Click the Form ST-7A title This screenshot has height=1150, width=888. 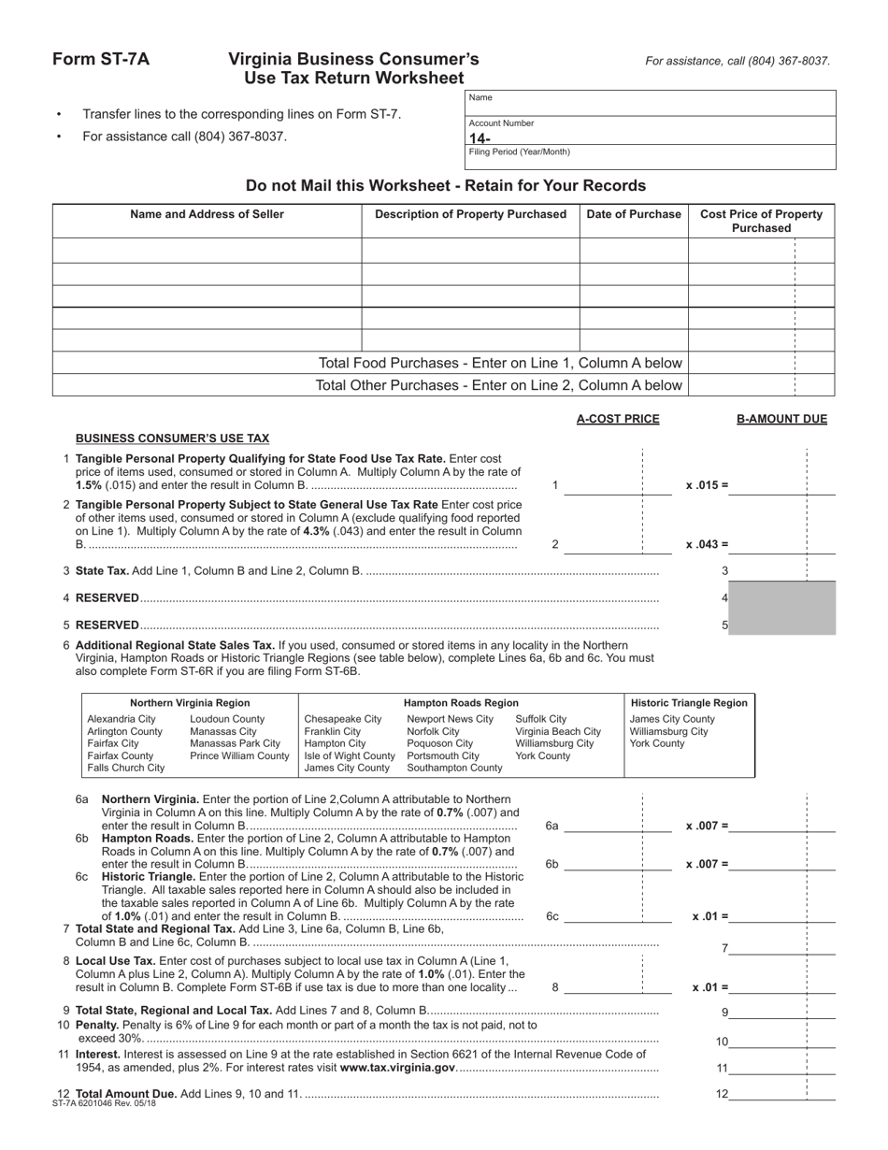point(100,60)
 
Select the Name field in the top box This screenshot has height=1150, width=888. point(650,103)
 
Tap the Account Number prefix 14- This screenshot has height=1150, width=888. point(480,138)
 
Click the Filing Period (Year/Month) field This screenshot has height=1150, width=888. point(650,158)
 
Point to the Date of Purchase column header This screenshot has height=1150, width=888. point(634,214)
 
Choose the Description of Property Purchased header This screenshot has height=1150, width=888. point(470,214)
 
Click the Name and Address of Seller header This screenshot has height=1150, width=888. point(207,214)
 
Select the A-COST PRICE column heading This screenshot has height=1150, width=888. point(618,419)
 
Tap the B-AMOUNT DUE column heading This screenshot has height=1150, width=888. point(781,419)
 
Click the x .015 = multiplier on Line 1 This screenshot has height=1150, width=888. point(707,485)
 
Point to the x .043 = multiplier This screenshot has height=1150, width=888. point(707,544)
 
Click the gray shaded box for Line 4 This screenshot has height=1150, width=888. point(781,597)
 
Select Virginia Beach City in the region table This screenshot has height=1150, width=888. point(558,731)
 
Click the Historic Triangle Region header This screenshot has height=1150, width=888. point(689,702)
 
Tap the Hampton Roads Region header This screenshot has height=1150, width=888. point(461,702)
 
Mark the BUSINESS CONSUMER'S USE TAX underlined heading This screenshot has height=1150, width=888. point(172,438)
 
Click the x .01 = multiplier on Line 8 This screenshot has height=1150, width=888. point(709,987)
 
